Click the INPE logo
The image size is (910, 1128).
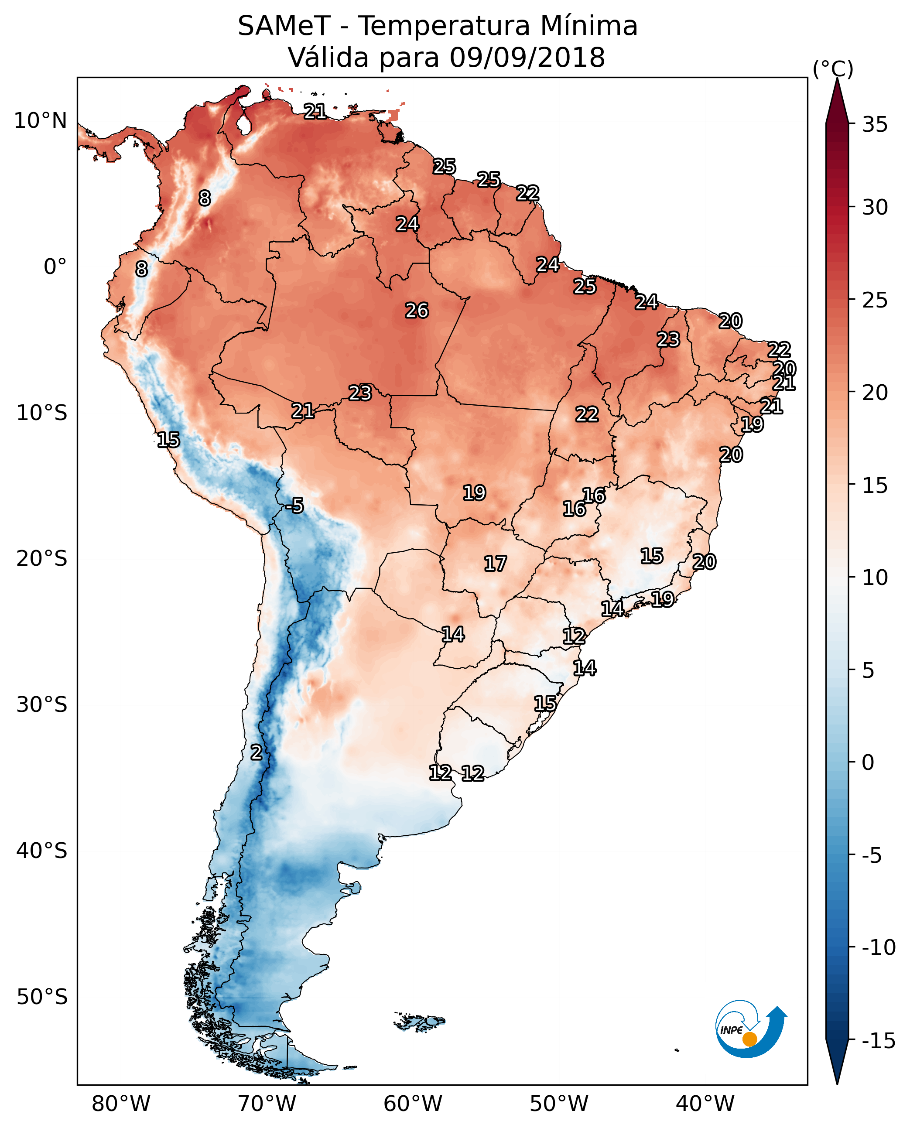coord(750,1029)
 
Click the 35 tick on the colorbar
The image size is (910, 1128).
coord(875,125)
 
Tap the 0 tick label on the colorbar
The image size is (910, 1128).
coord(868,762)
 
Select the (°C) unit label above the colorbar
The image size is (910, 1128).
coord(833,68)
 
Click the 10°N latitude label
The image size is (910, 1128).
coord(41,121)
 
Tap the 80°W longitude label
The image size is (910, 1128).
coord(121,1104)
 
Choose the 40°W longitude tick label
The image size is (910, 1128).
coord(705,1104)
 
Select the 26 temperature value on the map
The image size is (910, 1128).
coord(417,311)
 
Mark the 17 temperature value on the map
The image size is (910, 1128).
coord(495,564)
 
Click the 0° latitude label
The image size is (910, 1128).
coord(55,267)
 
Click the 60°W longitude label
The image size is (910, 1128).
coord(413,1104)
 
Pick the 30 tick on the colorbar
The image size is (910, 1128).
coord(875,208)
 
